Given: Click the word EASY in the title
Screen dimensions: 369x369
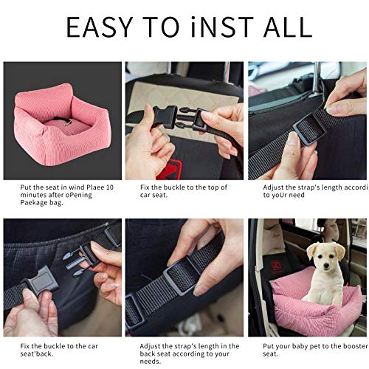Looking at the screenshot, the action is pyautogui.click(x=99, y=27).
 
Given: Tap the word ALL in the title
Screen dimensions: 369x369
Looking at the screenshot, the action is pyautogui.click(x=288, y=27).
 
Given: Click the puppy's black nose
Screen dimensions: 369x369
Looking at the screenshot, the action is pyautogui.click(x=326, y=266).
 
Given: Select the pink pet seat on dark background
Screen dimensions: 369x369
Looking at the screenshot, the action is pyautogui.click(x=62, y=124).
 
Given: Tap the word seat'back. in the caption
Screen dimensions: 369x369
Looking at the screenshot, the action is pyautogui.click(x=37, y=354).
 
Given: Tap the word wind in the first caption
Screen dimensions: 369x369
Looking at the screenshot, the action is pyautogui.click(x=77, y=187).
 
